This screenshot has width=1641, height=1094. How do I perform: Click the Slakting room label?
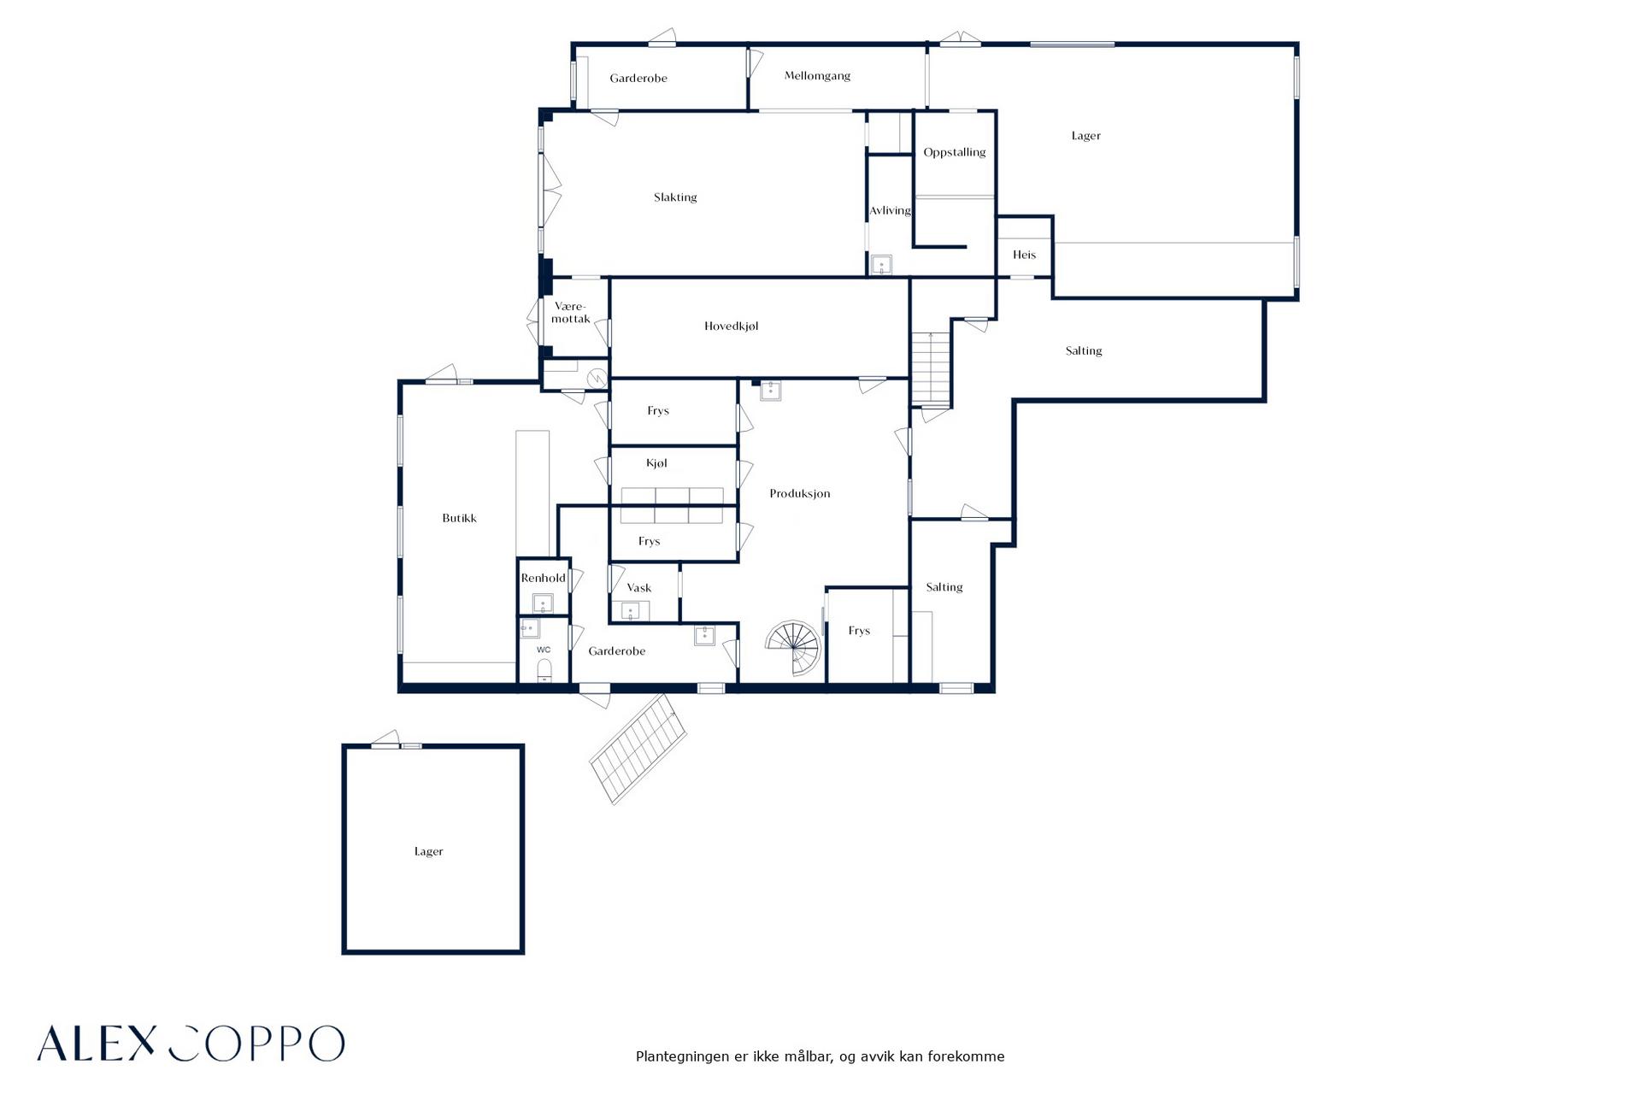point(675,197)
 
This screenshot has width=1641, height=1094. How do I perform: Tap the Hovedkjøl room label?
point(731,326)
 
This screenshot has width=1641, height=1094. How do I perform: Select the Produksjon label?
point(799,494)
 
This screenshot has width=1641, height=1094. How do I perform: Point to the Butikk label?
point(459,518)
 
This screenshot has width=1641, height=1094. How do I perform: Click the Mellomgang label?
point(817,76)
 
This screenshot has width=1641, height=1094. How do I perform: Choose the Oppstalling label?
point(954,153)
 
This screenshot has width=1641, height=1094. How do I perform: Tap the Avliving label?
point(890,210)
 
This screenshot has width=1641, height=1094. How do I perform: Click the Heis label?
point(1024,255)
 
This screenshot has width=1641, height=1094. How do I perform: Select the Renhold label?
point(543,578)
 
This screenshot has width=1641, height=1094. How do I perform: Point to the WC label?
point(544,650)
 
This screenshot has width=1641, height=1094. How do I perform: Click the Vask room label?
point(638,588)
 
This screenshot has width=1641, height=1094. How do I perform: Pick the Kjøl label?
point(656,463)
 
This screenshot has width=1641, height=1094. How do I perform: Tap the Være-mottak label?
point(570,313)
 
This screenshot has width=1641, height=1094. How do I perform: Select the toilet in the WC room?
point(544,670)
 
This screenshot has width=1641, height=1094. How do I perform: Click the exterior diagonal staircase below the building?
point(638,749)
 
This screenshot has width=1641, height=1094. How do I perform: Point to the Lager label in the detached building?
point(428,851)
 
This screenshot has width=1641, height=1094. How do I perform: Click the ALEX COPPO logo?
point(191,1043)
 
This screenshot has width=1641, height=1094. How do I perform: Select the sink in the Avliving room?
point(880,264)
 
